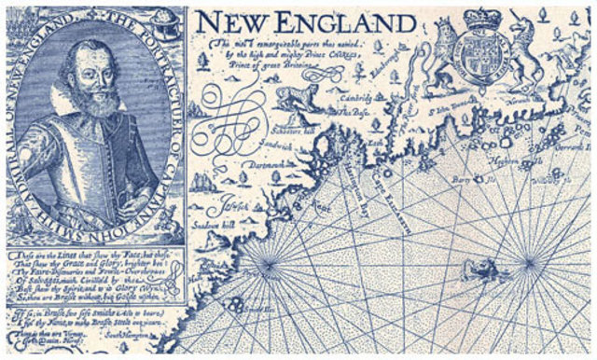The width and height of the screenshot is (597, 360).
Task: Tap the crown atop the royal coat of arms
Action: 482,18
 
